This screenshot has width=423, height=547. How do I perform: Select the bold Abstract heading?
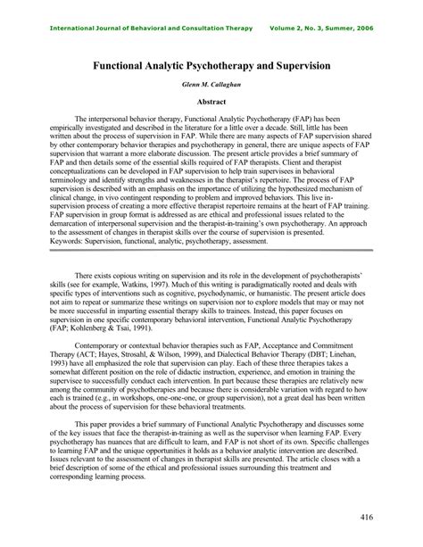(x=211, y=103)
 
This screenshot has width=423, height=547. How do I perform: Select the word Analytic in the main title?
(x=169, y=66)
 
